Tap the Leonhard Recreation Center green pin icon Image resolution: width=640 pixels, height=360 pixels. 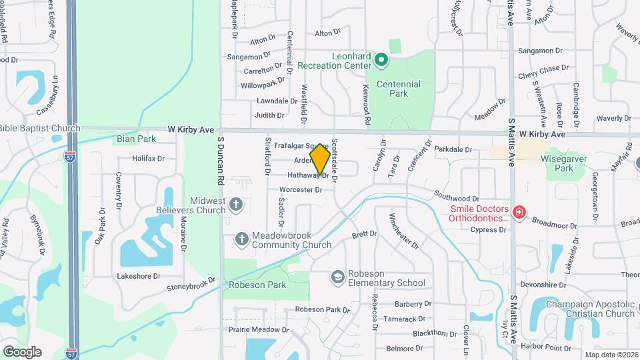click(381, 61)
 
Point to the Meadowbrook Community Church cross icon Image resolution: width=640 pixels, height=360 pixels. click(243, 238)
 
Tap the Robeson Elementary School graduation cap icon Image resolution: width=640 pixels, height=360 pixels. click(339, 276)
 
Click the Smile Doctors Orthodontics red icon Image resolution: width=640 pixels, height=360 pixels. click(518, 213)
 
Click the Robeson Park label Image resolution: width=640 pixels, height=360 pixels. click(257, 285)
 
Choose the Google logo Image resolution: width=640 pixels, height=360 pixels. click(22, 351)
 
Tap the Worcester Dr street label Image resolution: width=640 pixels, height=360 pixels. click(301, 190)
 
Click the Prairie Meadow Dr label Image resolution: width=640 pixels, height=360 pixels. click(254, 329)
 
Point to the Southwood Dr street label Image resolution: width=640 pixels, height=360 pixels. click(457, 197)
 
